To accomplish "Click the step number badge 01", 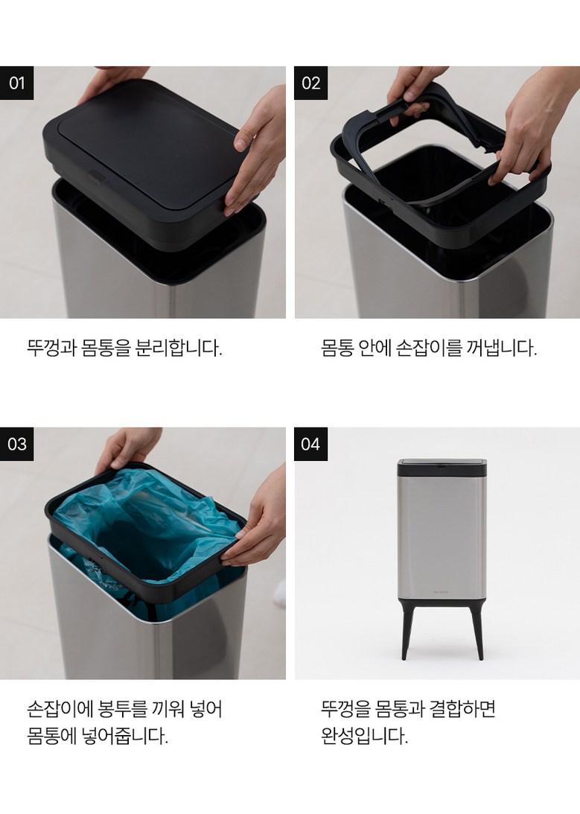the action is [x=16, y=83].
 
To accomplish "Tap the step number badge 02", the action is [x=310, y=83].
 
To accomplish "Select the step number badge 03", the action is [x=16, y=444].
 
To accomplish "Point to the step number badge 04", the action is [x=310, y=444].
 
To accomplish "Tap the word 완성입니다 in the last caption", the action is [x=365, y=736].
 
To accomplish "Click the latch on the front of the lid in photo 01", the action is [x=96, y=178].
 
